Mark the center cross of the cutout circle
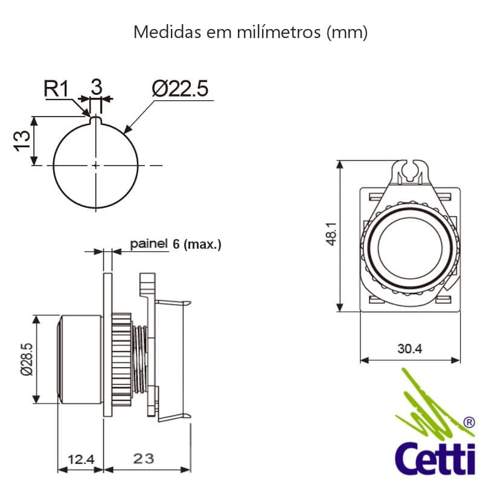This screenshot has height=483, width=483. pyautogui.click(x=95, y=165)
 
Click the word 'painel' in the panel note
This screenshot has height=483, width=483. pyautogui.click(x=148, y=244)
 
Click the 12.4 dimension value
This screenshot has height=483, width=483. pyautogui.click(x=80, y=459)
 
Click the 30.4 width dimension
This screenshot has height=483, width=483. pyautogui.click(x=409, y=348)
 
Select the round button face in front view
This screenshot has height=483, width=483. pyautogui.click(x=409, y=250)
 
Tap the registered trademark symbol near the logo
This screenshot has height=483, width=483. pyautogui.click(x=468, y=423)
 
